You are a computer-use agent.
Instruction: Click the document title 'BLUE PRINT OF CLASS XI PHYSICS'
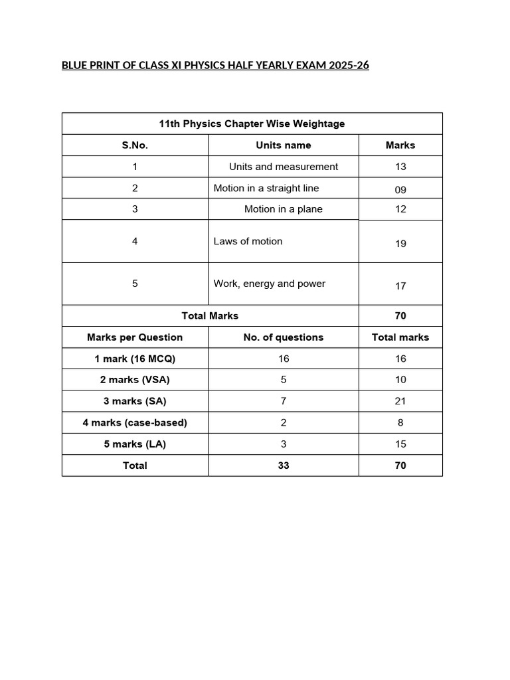215,66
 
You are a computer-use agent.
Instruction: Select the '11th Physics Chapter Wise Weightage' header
252,124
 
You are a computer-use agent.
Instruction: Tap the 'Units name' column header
283,145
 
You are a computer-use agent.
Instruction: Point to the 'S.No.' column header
135,145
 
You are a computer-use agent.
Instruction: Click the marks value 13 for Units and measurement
400,167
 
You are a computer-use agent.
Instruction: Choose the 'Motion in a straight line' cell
266,188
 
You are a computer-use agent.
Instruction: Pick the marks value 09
400,190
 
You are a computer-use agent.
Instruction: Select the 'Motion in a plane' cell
283,209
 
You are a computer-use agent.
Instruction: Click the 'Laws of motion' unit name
248,241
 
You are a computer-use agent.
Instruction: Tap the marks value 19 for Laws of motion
400,244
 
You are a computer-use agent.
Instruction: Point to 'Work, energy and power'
269,284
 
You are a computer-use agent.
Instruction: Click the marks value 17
400,286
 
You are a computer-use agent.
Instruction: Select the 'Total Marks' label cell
210,315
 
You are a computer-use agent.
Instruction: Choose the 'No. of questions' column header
283,337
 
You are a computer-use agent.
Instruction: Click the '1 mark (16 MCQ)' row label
135,359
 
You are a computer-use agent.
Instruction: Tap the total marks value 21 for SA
400,401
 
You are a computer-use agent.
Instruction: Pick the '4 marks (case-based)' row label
135,422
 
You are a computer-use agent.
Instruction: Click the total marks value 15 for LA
400,444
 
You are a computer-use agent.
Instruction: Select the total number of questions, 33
284,466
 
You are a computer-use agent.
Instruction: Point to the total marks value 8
400,422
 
